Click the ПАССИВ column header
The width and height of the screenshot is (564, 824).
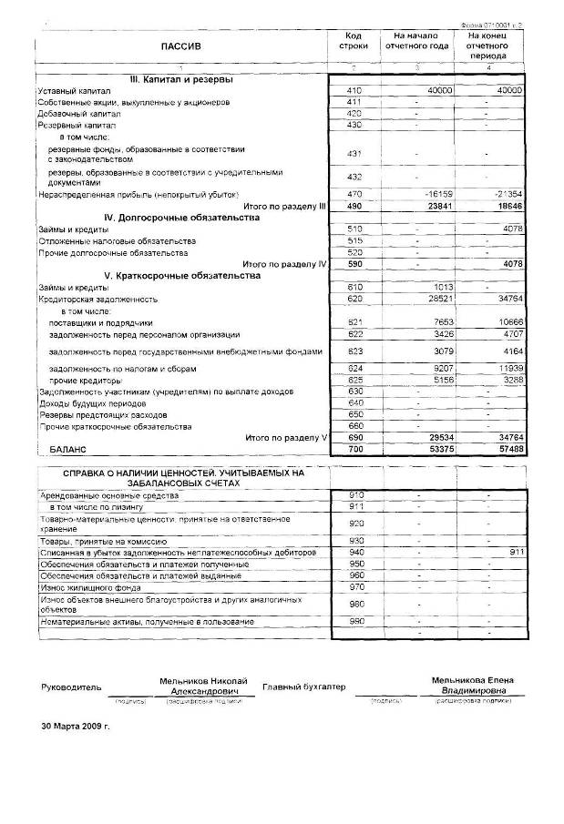click(x=180, y=45)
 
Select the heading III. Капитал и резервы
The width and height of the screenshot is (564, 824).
click(x=182, y=79)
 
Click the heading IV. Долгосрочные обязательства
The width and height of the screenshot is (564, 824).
click(x=182, y=218)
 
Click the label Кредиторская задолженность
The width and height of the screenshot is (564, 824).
click(x=97, y=299)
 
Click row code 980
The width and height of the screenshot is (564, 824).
click(x=356, y=605)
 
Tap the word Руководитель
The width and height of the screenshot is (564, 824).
click(x=66, y=687)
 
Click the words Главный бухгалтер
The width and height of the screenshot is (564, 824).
click(x=303, y=687)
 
